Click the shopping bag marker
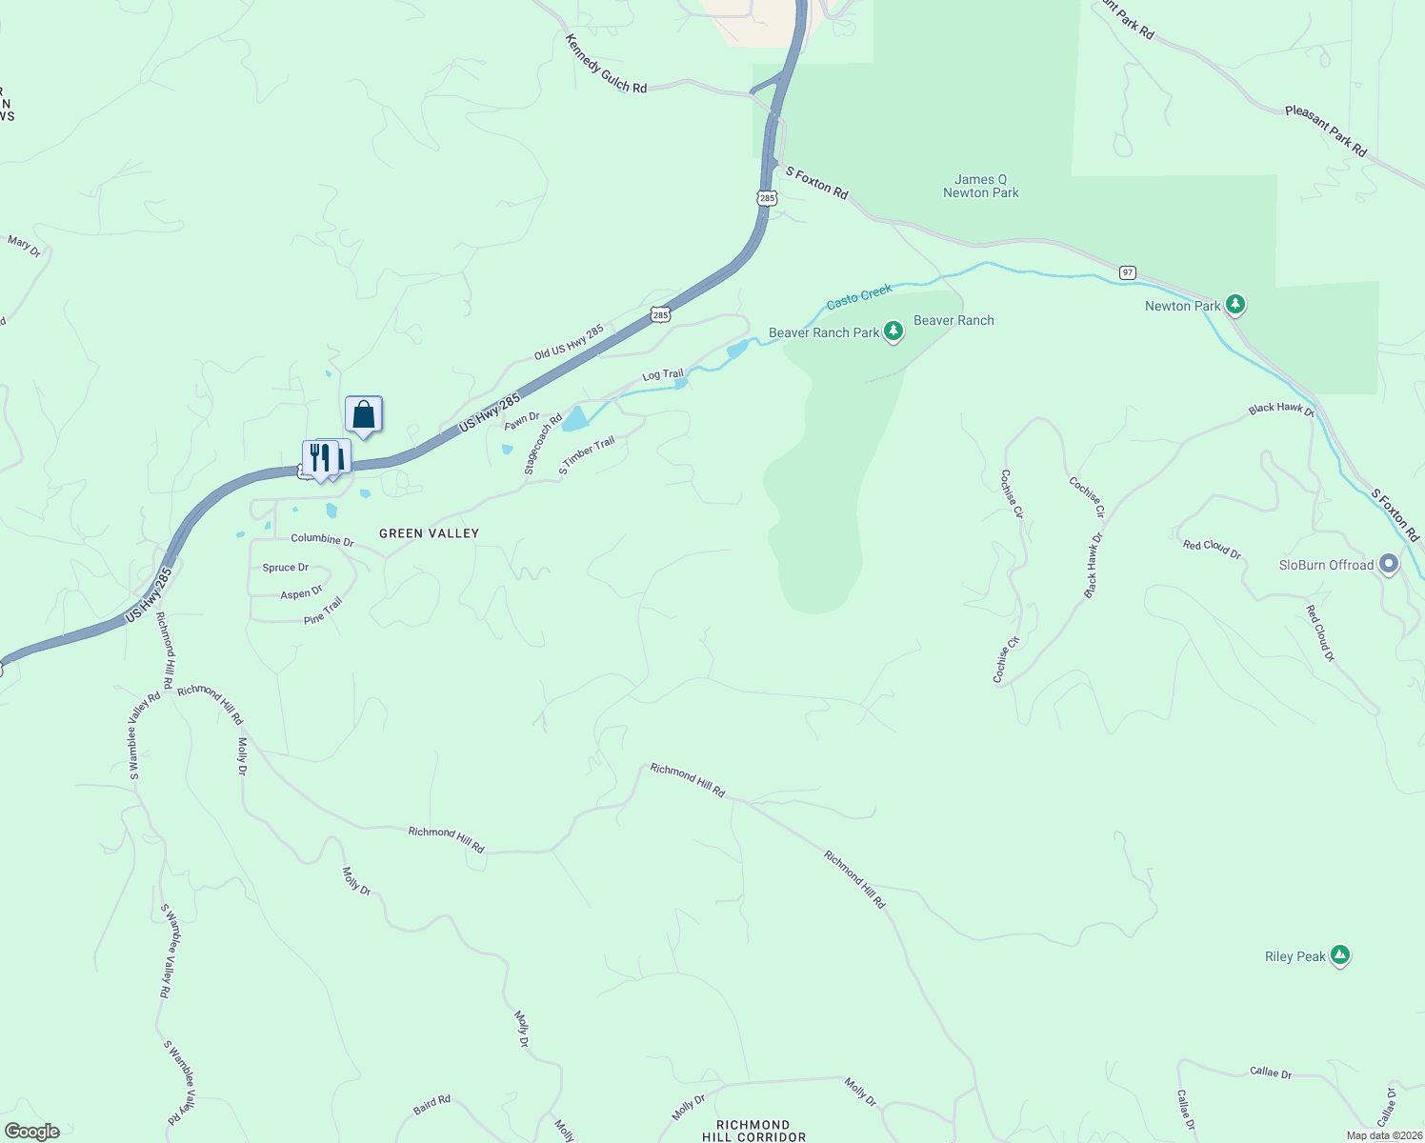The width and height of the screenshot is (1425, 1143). [x=363, y=414]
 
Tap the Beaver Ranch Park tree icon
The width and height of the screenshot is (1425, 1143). [x=893, y=331]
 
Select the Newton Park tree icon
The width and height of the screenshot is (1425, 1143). [x=1235, y=305]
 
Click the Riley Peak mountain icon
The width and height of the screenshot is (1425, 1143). [x=1340, y=954]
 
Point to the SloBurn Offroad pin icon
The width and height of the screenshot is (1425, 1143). [x=1389, y=564]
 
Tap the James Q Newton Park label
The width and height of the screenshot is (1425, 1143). [x=980, y=186]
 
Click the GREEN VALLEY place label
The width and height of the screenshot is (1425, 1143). [x=429, y=533]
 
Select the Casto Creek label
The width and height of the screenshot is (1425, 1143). [x=859, y=296]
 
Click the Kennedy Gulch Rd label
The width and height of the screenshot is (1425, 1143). [x=606, y=65]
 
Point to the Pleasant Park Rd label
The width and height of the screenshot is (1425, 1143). [x=1325, y=130]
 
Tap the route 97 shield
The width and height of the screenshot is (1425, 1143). [x=1128, y=272]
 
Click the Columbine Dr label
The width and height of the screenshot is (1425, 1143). [x=322, y=539]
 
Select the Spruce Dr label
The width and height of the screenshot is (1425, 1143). [x=285, y=568]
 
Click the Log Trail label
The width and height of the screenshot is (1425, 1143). [x=663, y=375]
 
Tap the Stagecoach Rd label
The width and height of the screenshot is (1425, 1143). [x=543, y=444]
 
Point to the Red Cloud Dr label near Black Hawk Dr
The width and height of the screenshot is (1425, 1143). [x=1212, y=549]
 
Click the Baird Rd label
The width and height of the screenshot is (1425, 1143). [x=432, y=1105]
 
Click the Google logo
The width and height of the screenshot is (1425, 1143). [x=32, y=1132]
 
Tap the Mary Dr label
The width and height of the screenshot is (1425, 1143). [x=24, y=247]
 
